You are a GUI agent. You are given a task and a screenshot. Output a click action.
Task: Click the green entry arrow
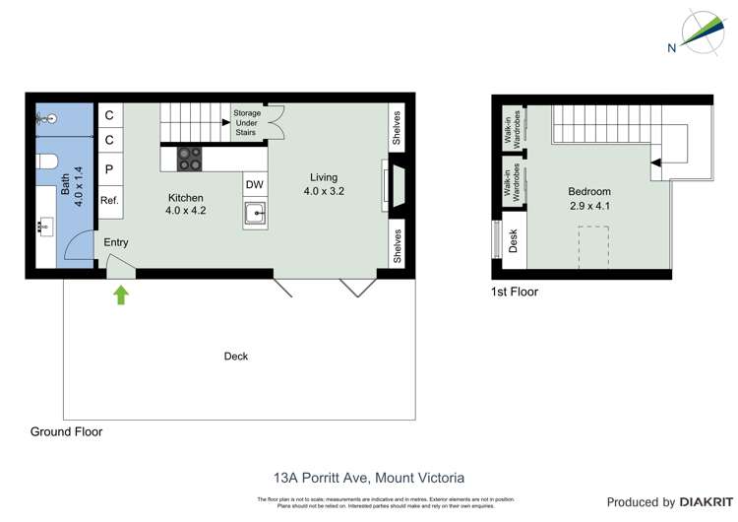click(x=121, y=294)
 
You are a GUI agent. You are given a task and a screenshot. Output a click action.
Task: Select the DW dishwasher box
click(x=255, y=185)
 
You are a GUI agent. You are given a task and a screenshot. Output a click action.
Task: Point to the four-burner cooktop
click(x=189, y=158)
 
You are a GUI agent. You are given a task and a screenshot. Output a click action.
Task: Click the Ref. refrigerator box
click(x=109, y=200)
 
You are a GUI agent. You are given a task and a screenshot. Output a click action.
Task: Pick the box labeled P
click(x=109, y=168)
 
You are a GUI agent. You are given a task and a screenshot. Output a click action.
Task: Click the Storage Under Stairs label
click(x=247, y=125)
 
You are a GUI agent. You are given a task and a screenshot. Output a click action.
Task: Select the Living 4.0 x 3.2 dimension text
click(x=323, y=191)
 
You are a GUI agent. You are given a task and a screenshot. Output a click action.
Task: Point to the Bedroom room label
click(x=589, y=192)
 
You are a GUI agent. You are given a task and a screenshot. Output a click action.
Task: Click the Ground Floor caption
click(x=66, y=431)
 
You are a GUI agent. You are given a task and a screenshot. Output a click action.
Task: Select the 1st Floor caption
click(x=514, y=292)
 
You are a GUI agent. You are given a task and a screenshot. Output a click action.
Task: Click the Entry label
click(x=116, y=242)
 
